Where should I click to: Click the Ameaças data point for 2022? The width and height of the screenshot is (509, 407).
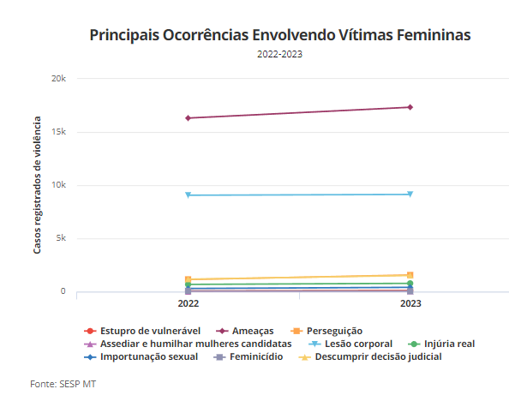pos(188,118)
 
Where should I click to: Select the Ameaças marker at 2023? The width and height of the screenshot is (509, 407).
pos(410,107)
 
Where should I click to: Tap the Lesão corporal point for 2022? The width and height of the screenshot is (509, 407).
pos(188,195)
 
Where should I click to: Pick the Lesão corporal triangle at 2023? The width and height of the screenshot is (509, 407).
pos(410,195)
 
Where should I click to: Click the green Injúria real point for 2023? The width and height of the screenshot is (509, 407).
pos(410,284)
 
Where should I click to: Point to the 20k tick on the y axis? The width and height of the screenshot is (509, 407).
pos(58,79)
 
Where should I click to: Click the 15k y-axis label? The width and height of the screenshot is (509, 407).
pos(58,132)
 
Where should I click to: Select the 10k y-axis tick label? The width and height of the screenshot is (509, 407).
pos(58,185)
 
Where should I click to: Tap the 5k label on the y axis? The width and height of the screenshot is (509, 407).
pos(61,238)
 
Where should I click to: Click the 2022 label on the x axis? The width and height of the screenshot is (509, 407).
pos(189,304)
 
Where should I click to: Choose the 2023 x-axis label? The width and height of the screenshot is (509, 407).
pos(410,304)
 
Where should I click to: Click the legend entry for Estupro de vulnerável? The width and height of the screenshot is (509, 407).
pos(142,331)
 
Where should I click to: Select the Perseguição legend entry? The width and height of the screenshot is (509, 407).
pos(326,331)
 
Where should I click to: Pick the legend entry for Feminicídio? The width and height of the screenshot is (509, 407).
pos(249,357)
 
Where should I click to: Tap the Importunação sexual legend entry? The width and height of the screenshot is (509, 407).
pos(141,357)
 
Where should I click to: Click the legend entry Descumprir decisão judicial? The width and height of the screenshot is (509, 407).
pos(370,357)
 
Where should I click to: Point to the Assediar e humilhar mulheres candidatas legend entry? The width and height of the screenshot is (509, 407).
pos(188,344)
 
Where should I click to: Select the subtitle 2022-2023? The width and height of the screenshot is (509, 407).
pos(280,54)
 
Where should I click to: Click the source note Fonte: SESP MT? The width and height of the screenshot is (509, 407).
pos(63,384)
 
